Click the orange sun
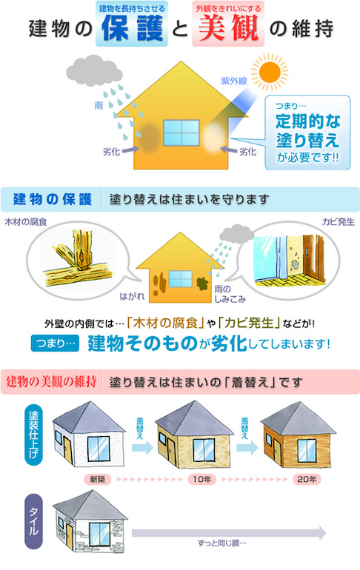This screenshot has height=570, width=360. click(x=270, y=72)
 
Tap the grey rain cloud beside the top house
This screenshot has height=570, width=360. click(x=94, y=70)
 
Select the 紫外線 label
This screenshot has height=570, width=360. click(x=234, y=81)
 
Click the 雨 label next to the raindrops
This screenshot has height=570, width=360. click(x=99, y=105)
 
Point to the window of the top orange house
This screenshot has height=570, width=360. click(x=181, y=133)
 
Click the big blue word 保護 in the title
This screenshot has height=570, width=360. click(x=132, y=28)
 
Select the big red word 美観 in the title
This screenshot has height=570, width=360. click(x=228, y=28)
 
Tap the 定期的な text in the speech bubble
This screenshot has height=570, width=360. click(x=307, y=121)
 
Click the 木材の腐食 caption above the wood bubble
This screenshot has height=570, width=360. click(x=25, y=222)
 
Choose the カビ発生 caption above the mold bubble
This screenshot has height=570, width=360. click(x=339, y=222)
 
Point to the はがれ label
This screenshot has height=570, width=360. click(x=132, y=296)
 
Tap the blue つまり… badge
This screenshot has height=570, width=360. click(x=56, y=343)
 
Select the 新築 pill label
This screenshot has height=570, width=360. click(x=98, y=479)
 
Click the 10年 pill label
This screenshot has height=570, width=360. click(x=201, y=479)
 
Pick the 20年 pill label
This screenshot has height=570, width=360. click(x=307, y=479)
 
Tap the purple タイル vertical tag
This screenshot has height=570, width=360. click(x=33, y=521)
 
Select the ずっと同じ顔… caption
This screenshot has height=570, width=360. click(x=222, y=543)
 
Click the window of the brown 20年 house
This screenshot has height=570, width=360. click(x=307, y=450)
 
